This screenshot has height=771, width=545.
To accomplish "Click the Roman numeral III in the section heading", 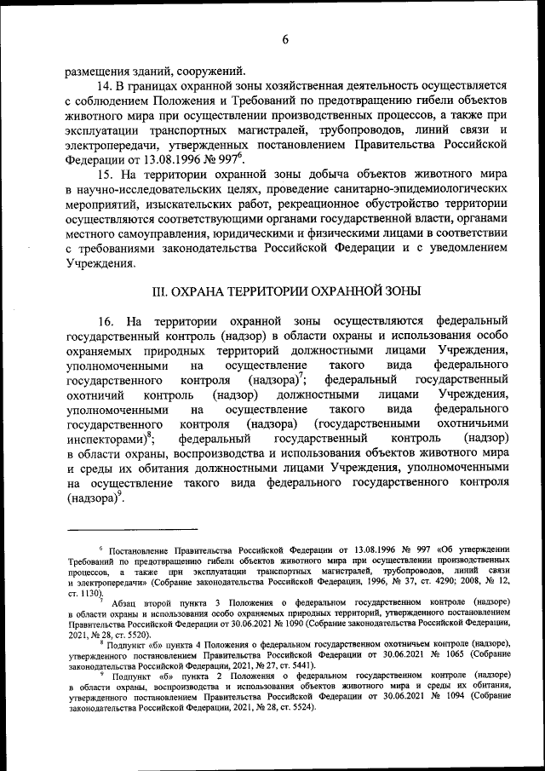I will (x=159, y=291).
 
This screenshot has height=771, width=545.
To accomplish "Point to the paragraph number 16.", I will (x=106, y=322).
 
